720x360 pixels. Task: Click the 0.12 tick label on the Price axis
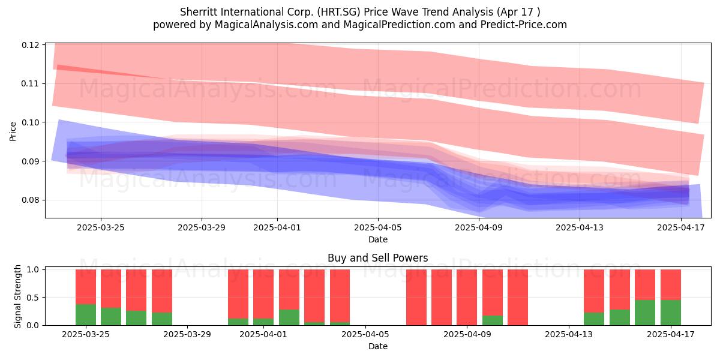31,45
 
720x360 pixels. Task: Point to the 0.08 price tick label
31,200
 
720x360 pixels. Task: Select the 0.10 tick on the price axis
31,122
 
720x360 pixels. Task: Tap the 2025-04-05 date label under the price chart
378,227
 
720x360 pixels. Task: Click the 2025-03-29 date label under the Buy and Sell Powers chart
187,334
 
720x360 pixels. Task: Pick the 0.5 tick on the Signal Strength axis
33,298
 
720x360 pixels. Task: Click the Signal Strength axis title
17,296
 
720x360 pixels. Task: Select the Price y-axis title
13,131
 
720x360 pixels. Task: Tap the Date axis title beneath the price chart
378,239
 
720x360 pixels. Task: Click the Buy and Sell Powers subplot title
377,258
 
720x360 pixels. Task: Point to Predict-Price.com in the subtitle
524,25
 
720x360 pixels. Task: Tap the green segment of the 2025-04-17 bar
671,313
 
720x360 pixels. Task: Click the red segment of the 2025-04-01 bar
263,294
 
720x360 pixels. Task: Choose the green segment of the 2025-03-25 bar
86,314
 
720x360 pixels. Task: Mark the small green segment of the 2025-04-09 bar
493,320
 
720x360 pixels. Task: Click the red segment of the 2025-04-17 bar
671,285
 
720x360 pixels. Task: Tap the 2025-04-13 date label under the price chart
580,227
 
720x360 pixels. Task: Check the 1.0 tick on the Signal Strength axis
33,269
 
